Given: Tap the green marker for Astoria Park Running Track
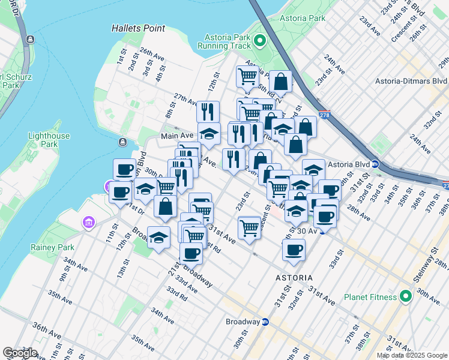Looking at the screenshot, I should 259,41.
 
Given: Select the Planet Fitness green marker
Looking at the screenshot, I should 405,296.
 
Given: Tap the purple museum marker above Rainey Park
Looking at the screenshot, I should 88,224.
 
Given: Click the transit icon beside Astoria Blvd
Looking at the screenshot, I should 375,164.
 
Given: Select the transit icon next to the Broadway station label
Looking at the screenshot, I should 265,322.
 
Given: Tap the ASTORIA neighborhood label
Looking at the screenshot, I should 294,278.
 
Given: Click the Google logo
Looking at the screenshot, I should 20,353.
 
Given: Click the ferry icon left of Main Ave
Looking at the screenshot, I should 122,142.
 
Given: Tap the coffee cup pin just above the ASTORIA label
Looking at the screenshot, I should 294,250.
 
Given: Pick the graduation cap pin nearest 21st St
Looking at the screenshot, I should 158,238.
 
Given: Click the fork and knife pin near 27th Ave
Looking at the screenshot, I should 208,111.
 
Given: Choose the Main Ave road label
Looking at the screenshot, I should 174,136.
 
